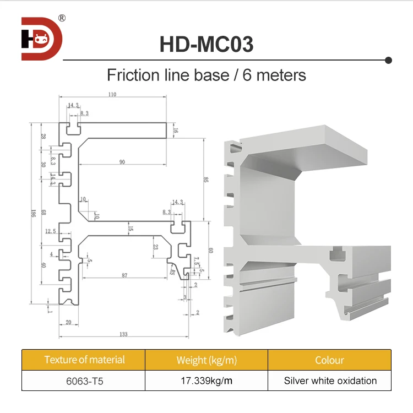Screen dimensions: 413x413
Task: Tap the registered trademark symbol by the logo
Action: (62, 18)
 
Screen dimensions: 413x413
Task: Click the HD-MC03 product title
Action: (206, 44)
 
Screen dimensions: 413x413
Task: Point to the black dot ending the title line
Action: (388, 59)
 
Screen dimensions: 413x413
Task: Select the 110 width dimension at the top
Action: (112, 95)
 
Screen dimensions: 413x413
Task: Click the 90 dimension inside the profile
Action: (122, 162)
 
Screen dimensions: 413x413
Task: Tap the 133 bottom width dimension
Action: (124, 334)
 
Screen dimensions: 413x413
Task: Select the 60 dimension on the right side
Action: (210, 251)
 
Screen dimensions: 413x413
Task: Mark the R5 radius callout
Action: (172, 271)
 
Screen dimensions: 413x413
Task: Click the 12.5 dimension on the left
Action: (51, 231)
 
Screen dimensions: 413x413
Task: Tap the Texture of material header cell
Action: (84, 360)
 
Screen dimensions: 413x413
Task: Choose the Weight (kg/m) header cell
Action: (206, 361)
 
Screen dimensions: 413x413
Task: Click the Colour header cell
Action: (329, 361)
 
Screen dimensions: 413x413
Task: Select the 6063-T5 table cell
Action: (84, 381)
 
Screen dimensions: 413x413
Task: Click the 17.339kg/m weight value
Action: (206, 381)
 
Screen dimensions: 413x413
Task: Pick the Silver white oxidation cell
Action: (330, 381)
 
